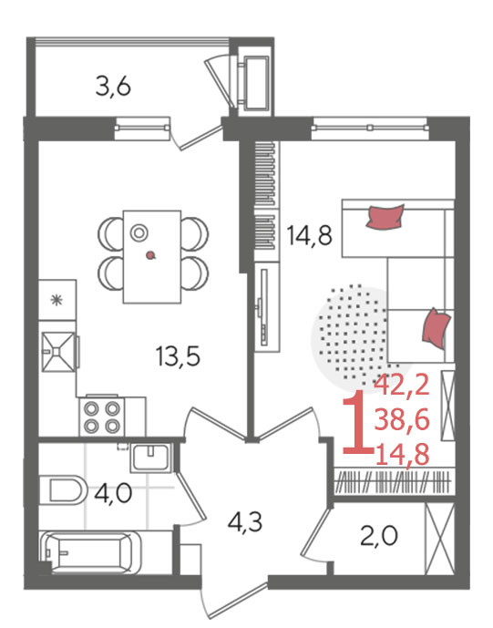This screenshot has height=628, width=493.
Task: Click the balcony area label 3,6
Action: [113, 87]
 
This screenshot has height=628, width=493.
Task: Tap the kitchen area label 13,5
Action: [179, 356]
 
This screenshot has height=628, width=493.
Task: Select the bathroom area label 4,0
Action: [113, 492]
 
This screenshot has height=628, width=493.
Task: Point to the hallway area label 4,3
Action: [245, 521]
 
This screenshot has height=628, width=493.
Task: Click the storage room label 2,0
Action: [379, 536]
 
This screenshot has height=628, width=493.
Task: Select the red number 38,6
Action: [402, 420]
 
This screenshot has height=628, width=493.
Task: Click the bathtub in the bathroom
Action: [90, 551]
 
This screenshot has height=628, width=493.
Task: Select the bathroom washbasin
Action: [151, 458]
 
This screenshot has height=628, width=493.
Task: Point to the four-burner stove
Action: [102, 417]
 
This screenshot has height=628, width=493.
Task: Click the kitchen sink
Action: [59, 352]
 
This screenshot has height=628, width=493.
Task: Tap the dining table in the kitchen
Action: [152, 256]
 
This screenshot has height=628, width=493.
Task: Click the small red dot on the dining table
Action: [150, 255]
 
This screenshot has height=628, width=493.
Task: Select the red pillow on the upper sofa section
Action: [385, 217]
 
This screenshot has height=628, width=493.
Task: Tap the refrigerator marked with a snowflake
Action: [57, 300]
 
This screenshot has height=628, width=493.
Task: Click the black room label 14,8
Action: [309, 235]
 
